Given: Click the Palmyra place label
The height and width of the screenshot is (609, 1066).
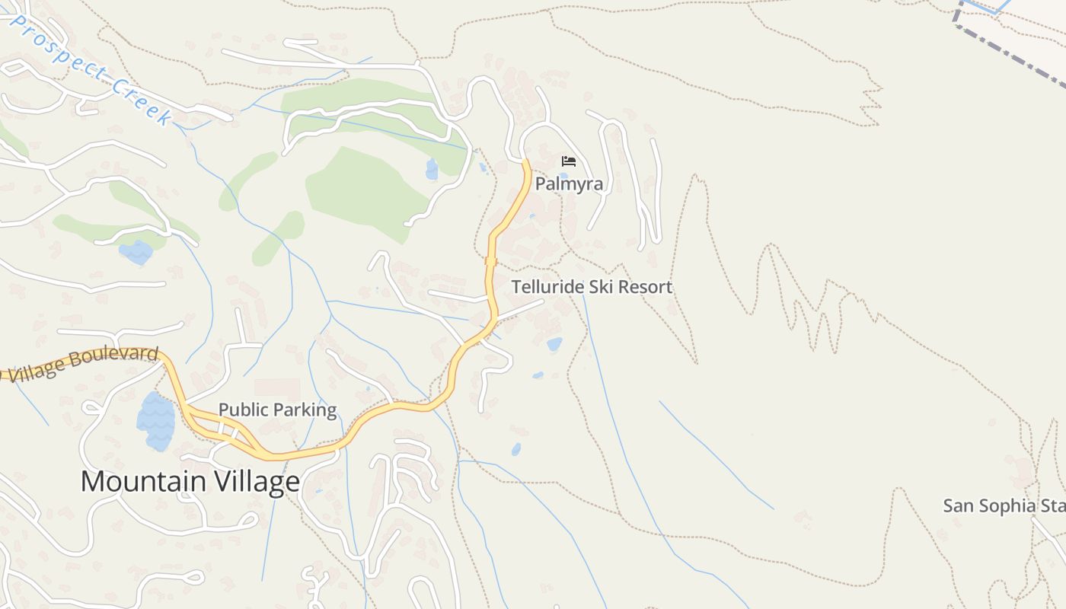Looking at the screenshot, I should tap(569, 184).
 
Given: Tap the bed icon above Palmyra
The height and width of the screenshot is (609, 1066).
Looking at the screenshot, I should tap(568, 161).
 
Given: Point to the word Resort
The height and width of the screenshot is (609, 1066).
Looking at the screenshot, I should tap(646, 287).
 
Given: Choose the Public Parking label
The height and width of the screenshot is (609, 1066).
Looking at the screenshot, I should tap(277, 410).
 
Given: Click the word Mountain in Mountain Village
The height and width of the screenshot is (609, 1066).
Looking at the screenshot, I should tap(143, 482).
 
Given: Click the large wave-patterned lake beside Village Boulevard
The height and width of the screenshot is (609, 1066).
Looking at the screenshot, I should tap(155, 421).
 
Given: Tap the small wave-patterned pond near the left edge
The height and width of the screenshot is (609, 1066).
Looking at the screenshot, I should tap(136, 252).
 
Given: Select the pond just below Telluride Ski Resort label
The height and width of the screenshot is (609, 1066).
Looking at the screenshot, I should tap(554, 344).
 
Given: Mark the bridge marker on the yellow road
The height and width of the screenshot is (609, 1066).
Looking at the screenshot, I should tap(491, 261).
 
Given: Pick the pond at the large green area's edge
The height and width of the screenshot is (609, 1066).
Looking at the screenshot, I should tap(432, 169).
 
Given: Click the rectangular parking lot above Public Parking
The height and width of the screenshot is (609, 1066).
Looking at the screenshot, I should tap(277, 388).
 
